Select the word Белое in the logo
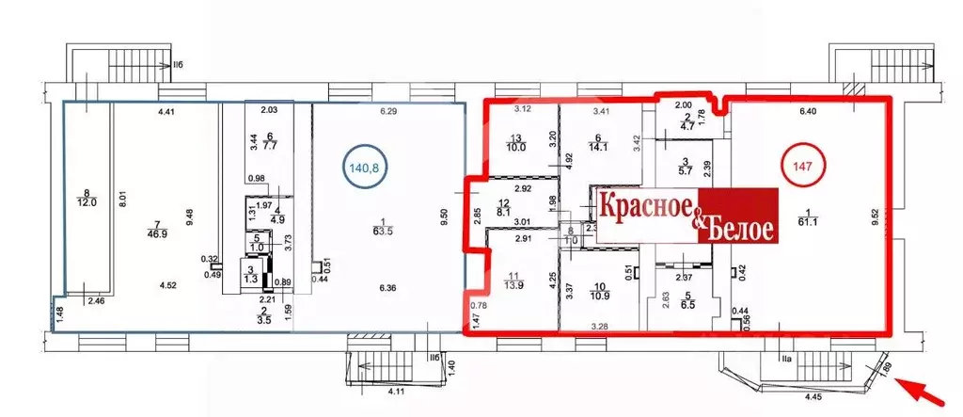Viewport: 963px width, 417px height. click(x=738, y=228)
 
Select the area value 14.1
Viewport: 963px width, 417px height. click(x=599, y=145)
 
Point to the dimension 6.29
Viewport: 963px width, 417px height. click(x=387, y=112)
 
